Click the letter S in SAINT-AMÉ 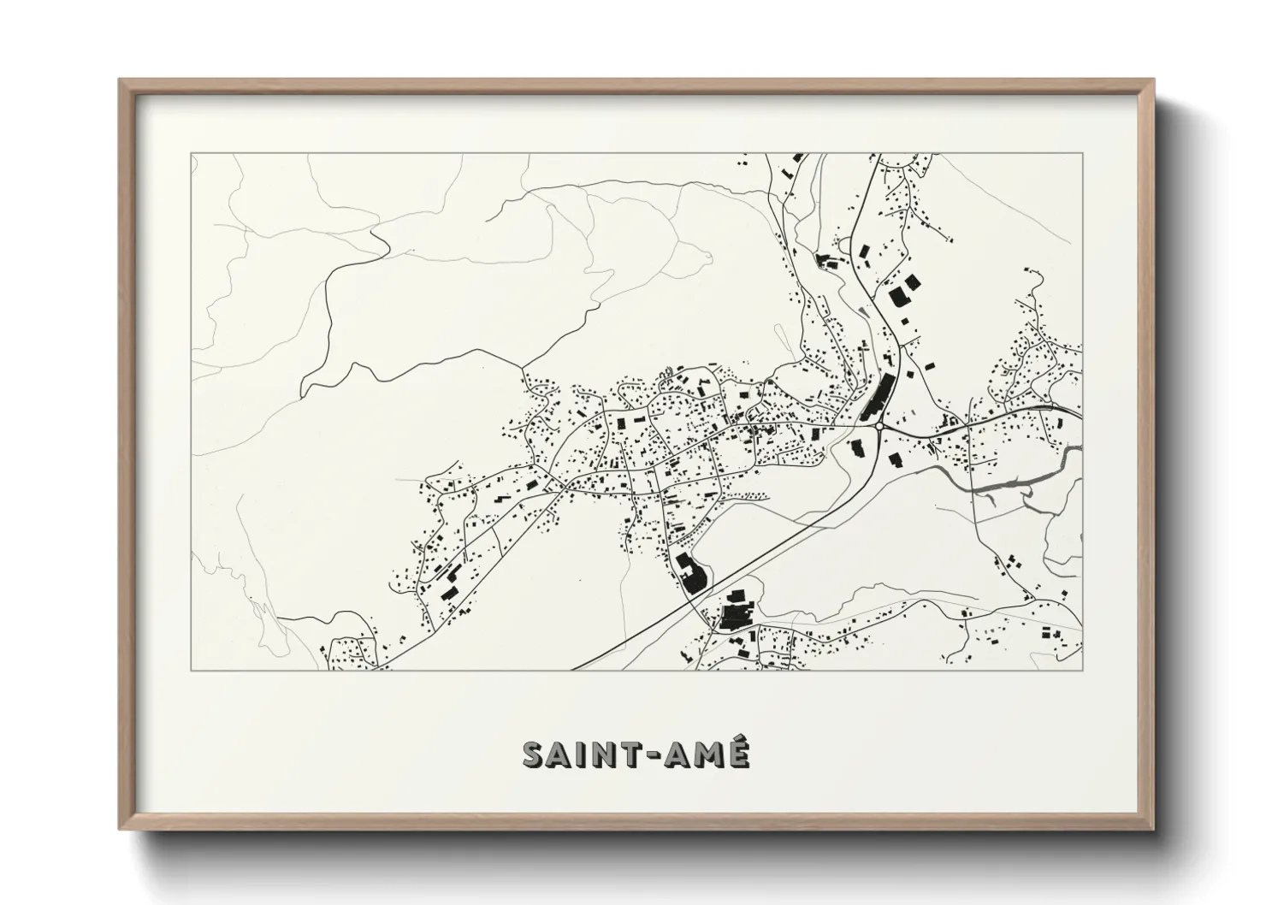click(x=534, y=754)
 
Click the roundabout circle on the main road click(x=879, y=425)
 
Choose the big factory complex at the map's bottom click(x=734, y=613)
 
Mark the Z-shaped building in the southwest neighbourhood click(x=448, y=590)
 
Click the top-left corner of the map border click(x=191, y=154)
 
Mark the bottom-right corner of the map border click(x=1083, y=670)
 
